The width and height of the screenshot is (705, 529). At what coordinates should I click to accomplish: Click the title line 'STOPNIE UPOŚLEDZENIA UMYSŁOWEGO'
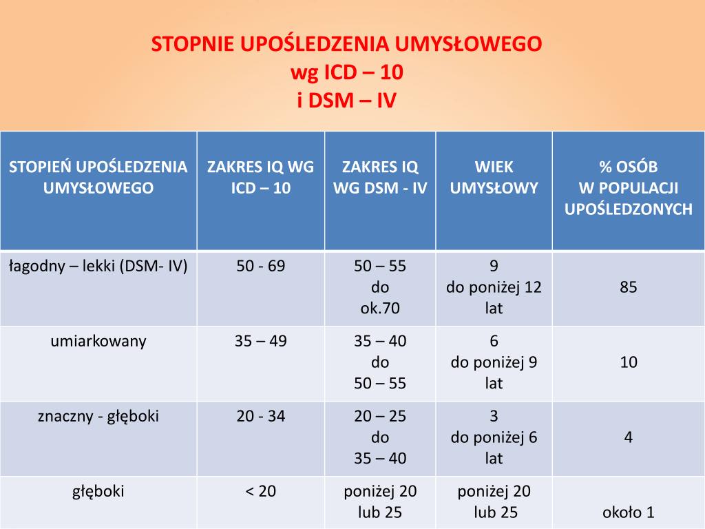coord(347,45)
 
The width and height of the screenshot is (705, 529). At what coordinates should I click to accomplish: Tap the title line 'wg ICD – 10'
coord(347,73)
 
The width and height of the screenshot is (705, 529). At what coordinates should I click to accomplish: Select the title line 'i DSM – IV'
coord(347,101)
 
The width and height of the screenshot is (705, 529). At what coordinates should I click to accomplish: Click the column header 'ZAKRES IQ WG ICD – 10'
coord(260,177)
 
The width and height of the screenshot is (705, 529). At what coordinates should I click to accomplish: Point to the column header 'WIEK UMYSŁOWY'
coord(494,177)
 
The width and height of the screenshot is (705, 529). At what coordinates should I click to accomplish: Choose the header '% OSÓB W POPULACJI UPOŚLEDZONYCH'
coord(628,188)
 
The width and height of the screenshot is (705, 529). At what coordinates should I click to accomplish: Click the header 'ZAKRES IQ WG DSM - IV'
coord(380,177)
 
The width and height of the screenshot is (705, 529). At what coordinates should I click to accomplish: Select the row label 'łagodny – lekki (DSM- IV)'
coord(98,266)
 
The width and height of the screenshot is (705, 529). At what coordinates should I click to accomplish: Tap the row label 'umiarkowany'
coord(98,341)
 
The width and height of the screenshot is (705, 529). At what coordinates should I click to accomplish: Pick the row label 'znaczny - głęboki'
coord(98,416)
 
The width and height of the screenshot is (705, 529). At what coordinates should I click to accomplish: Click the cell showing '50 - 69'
coord(260,266)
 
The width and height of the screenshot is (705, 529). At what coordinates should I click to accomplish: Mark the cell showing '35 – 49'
coord(260,341)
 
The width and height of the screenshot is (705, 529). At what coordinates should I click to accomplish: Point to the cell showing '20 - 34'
coord(260,416)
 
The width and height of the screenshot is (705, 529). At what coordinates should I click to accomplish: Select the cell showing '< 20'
coord(260,491)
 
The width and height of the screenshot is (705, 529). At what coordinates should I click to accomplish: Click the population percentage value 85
coord(628,287)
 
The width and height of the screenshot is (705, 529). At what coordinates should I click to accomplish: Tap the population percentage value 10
coord(628,362)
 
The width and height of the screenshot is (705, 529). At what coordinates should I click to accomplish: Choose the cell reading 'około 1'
coord(628,512)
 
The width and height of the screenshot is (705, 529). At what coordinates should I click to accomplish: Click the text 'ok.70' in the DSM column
coord(380,308)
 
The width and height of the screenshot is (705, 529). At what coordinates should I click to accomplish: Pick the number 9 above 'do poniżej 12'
coord(494,266)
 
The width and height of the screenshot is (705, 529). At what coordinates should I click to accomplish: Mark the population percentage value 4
coord(628,437)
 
